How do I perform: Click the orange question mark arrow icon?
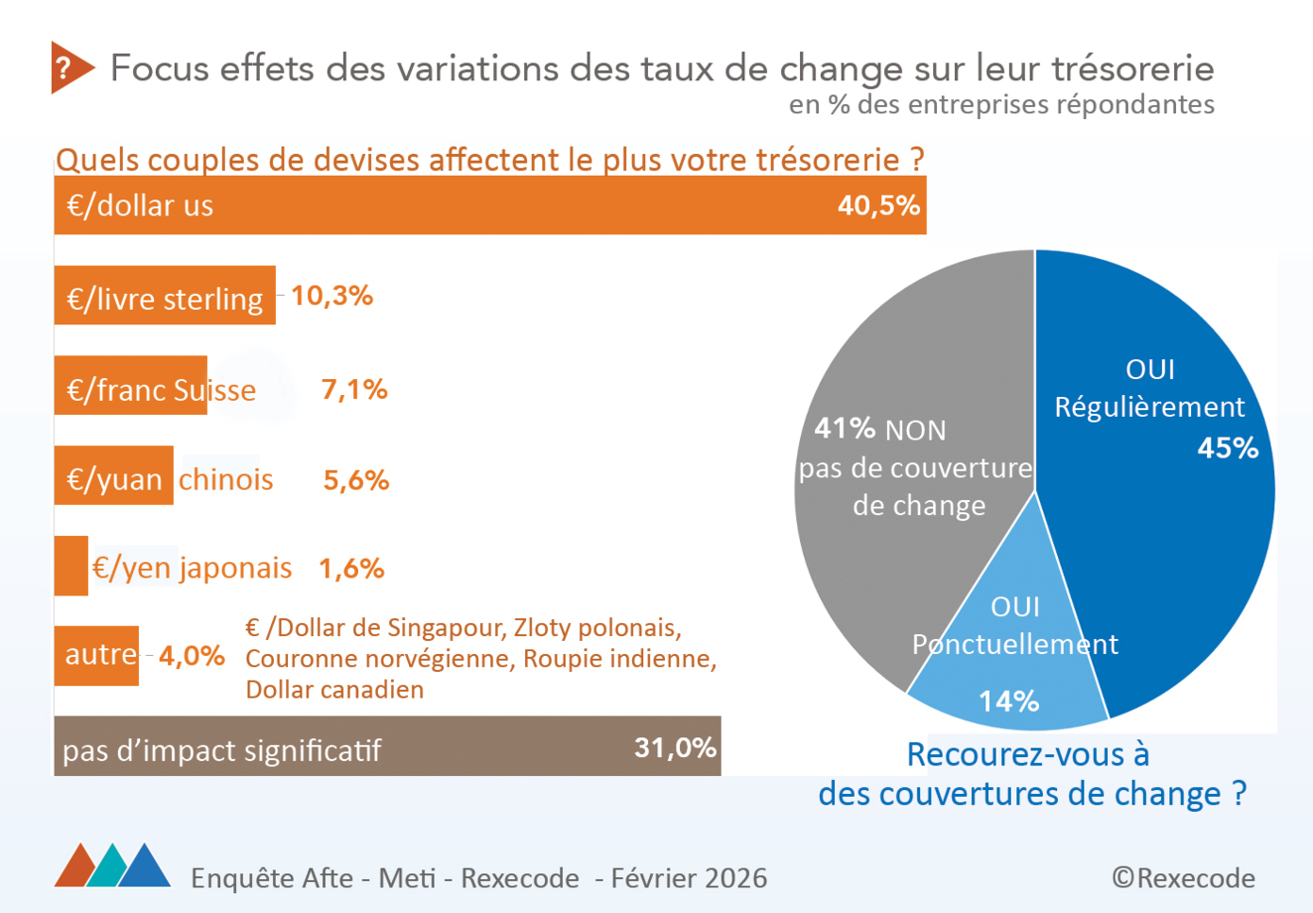(70, 67)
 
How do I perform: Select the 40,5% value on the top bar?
(878, 205)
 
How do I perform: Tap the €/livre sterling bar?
(164, 297)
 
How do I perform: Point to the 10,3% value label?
(332, 296)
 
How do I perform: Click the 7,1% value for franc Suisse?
(354, 389)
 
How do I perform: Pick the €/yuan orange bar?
(113, 476)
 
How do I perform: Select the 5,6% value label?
(356, 480)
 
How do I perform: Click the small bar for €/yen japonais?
(71, 566)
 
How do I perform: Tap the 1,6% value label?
(351, 568)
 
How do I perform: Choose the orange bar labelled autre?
(96, 654)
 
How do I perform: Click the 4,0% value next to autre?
(192, 655)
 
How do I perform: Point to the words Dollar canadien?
(334, 690)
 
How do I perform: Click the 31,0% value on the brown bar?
(674, 748)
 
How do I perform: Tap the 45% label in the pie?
(1227, 447)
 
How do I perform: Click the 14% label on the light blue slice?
(1008, 701)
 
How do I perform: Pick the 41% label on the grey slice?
(844, 428)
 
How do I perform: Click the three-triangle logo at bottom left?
(112, 865)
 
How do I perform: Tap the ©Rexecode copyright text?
(1184, 878)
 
